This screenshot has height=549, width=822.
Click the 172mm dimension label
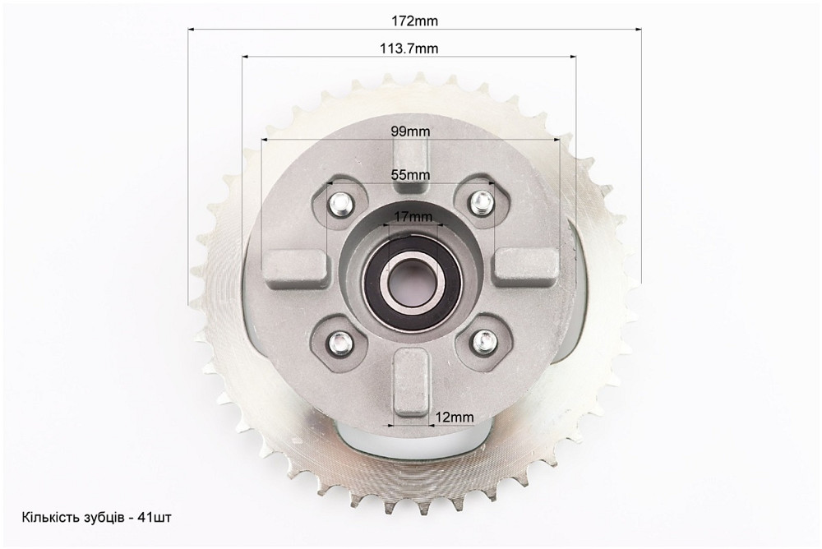coord(414,21)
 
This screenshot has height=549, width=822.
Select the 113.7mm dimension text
coord(409,48)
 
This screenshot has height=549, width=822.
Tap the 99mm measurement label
coord(410,131)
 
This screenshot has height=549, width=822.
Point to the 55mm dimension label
coord(410,174)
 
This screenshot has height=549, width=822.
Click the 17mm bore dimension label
coord(413,216)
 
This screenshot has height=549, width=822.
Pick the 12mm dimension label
coord(455,418)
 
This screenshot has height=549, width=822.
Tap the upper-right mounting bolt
coord(481,201)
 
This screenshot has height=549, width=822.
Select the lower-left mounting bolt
coord(341,342)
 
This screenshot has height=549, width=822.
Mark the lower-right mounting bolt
coord(483,342)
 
